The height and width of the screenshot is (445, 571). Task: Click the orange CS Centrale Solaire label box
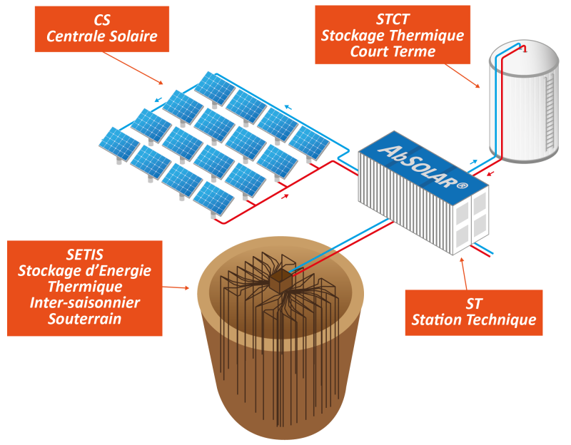point(102,29)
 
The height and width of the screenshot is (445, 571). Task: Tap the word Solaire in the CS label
point(131,36)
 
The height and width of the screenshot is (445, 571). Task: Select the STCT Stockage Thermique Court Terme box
point(392,35)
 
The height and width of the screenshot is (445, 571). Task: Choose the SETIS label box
point(84,287)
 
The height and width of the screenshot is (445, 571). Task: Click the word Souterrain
point(85,319)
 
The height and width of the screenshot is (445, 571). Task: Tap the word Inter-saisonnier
point(85,303)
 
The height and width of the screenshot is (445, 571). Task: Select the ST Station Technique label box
point(474,312)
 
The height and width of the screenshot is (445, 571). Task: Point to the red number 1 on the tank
point(525,49)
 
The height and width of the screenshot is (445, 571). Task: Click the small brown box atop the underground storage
point(281,280)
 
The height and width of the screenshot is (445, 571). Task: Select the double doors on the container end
point(471,218)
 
